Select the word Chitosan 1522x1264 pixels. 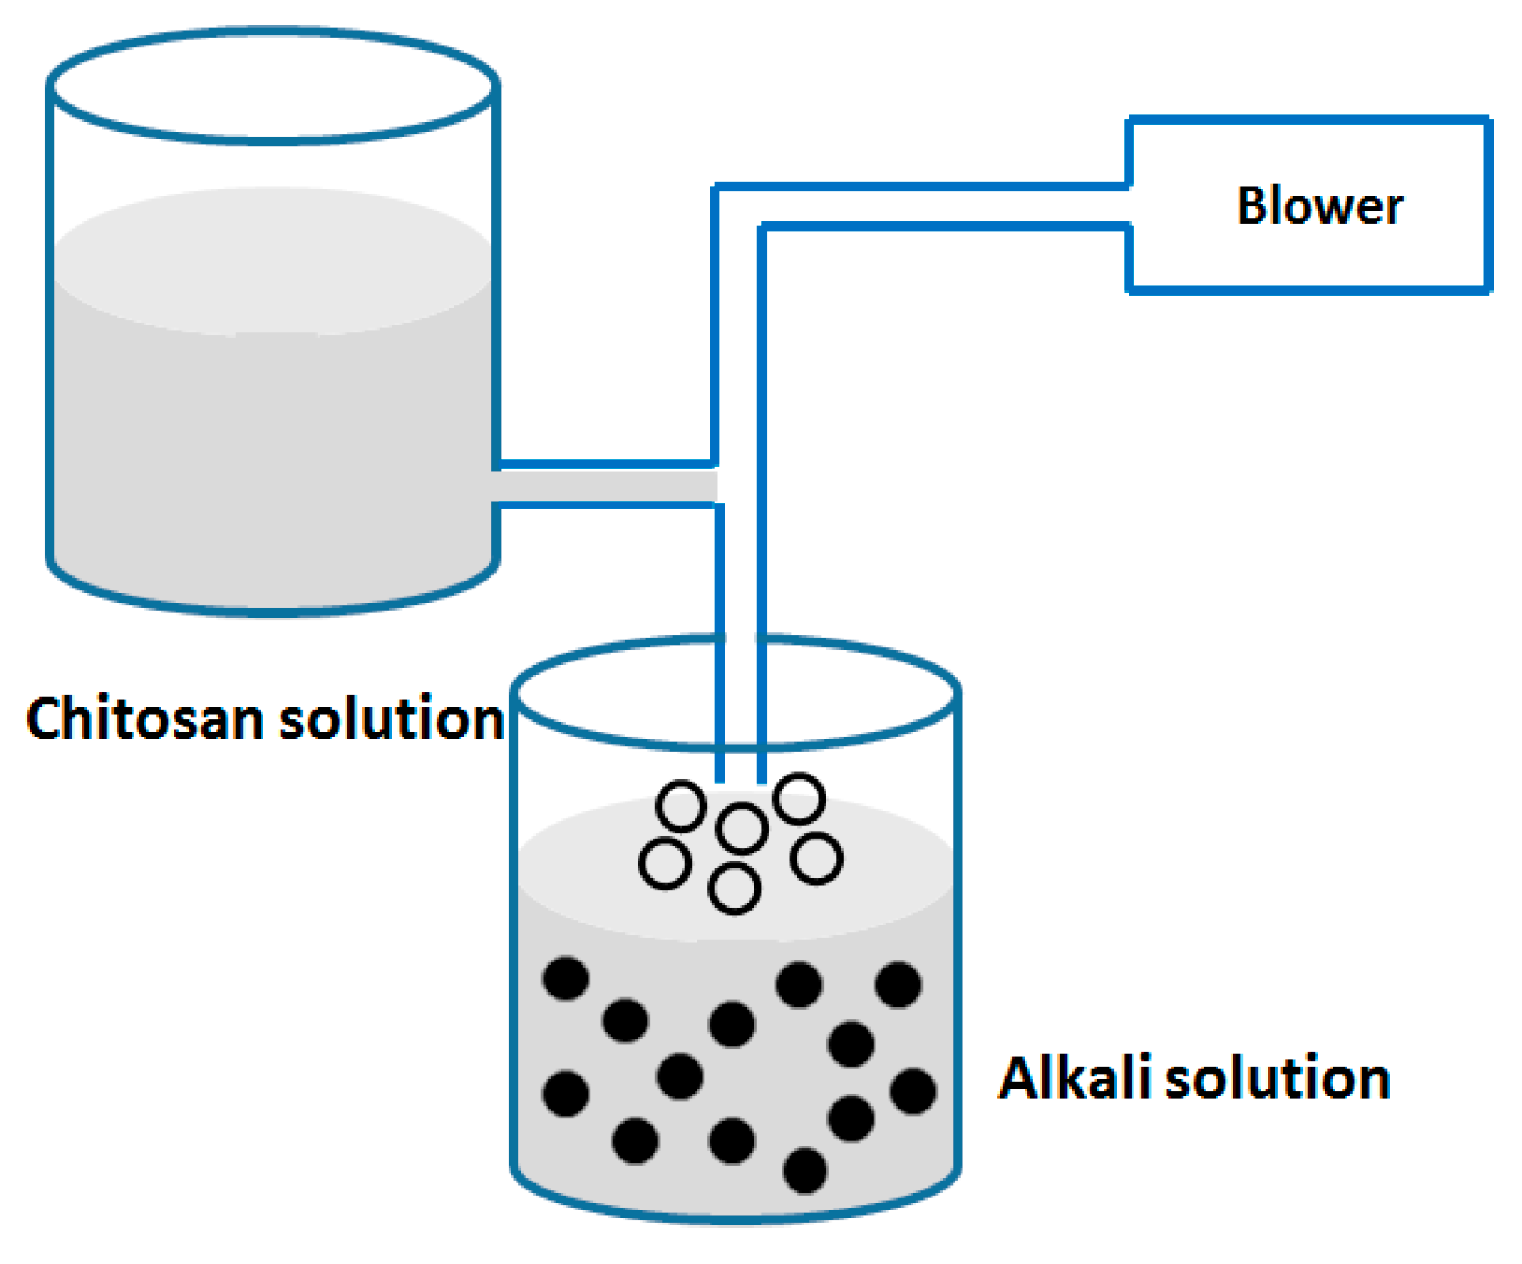(x=145, y=720)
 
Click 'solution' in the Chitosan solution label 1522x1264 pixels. (x=391, y=720)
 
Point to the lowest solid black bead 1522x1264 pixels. (x=804, y=1171)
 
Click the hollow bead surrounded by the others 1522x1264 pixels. (x=742, y=828)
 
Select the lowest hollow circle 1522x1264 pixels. (x=734, y=889)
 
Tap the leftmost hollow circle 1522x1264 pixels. (x=665, y=863)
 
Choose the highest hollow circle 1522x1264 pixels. (x=799, y=798)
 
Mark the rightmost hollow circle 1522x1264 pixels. (x=816, y=859)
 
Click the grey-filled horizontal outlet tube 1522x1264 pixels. (x=605, y=484)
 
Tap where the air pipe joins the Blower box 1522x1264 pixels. (x=1128, y=207)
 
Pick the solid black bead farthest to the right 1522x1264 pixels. (x=913, y=1091)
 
